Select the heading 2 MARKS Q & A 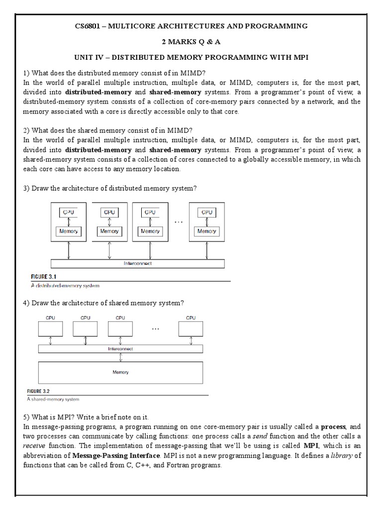(x=191, y=41)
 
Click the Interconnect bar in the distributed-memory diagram (x=137, y=263)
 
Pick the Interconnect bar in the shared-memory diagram (x=120, y=349)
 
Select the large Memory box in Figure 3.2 (x=120, y=372)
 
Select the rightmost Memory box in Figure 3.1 (x=206, y=231)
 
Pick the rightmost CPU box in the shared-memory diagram (x=191, y=328)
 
